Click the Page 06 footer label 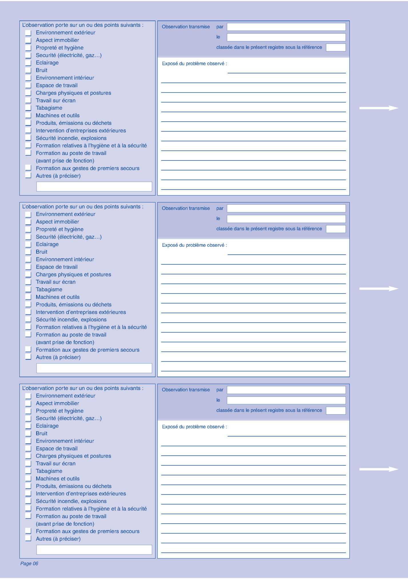tap(29, 563)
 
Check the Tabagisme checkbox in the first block tap(28, 108)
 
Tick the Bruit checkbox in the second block tap(28, 252)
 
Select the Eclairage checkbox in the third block tap(28, 426)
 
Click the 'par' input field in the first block tap(286, 27)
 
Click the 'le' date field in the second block tap(286, 219)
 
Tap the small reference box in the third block tap(336, 411)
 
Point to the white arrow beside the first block tap(379, 108)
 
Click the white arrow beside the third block tap(379, 469)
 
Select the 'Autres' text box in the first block tap(94, 186)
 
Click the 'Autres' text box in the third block tap(94, 550)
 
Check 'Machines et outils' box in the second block tap(28, 297)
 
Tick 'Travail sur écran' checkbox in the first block tap(28, 100)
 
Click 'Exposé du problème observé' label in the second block tap(194, 245)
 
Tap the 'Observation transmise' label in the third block tap(186, 390)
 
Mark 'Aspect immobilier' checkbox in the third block tap(28, 403)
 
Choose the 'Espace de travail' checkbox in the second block tap(28, 267)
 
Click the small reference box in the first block tap(336, 47)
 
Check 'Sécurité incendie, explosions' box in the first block tap(28, 138)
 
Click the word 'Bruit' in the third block tap(42, 433)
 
